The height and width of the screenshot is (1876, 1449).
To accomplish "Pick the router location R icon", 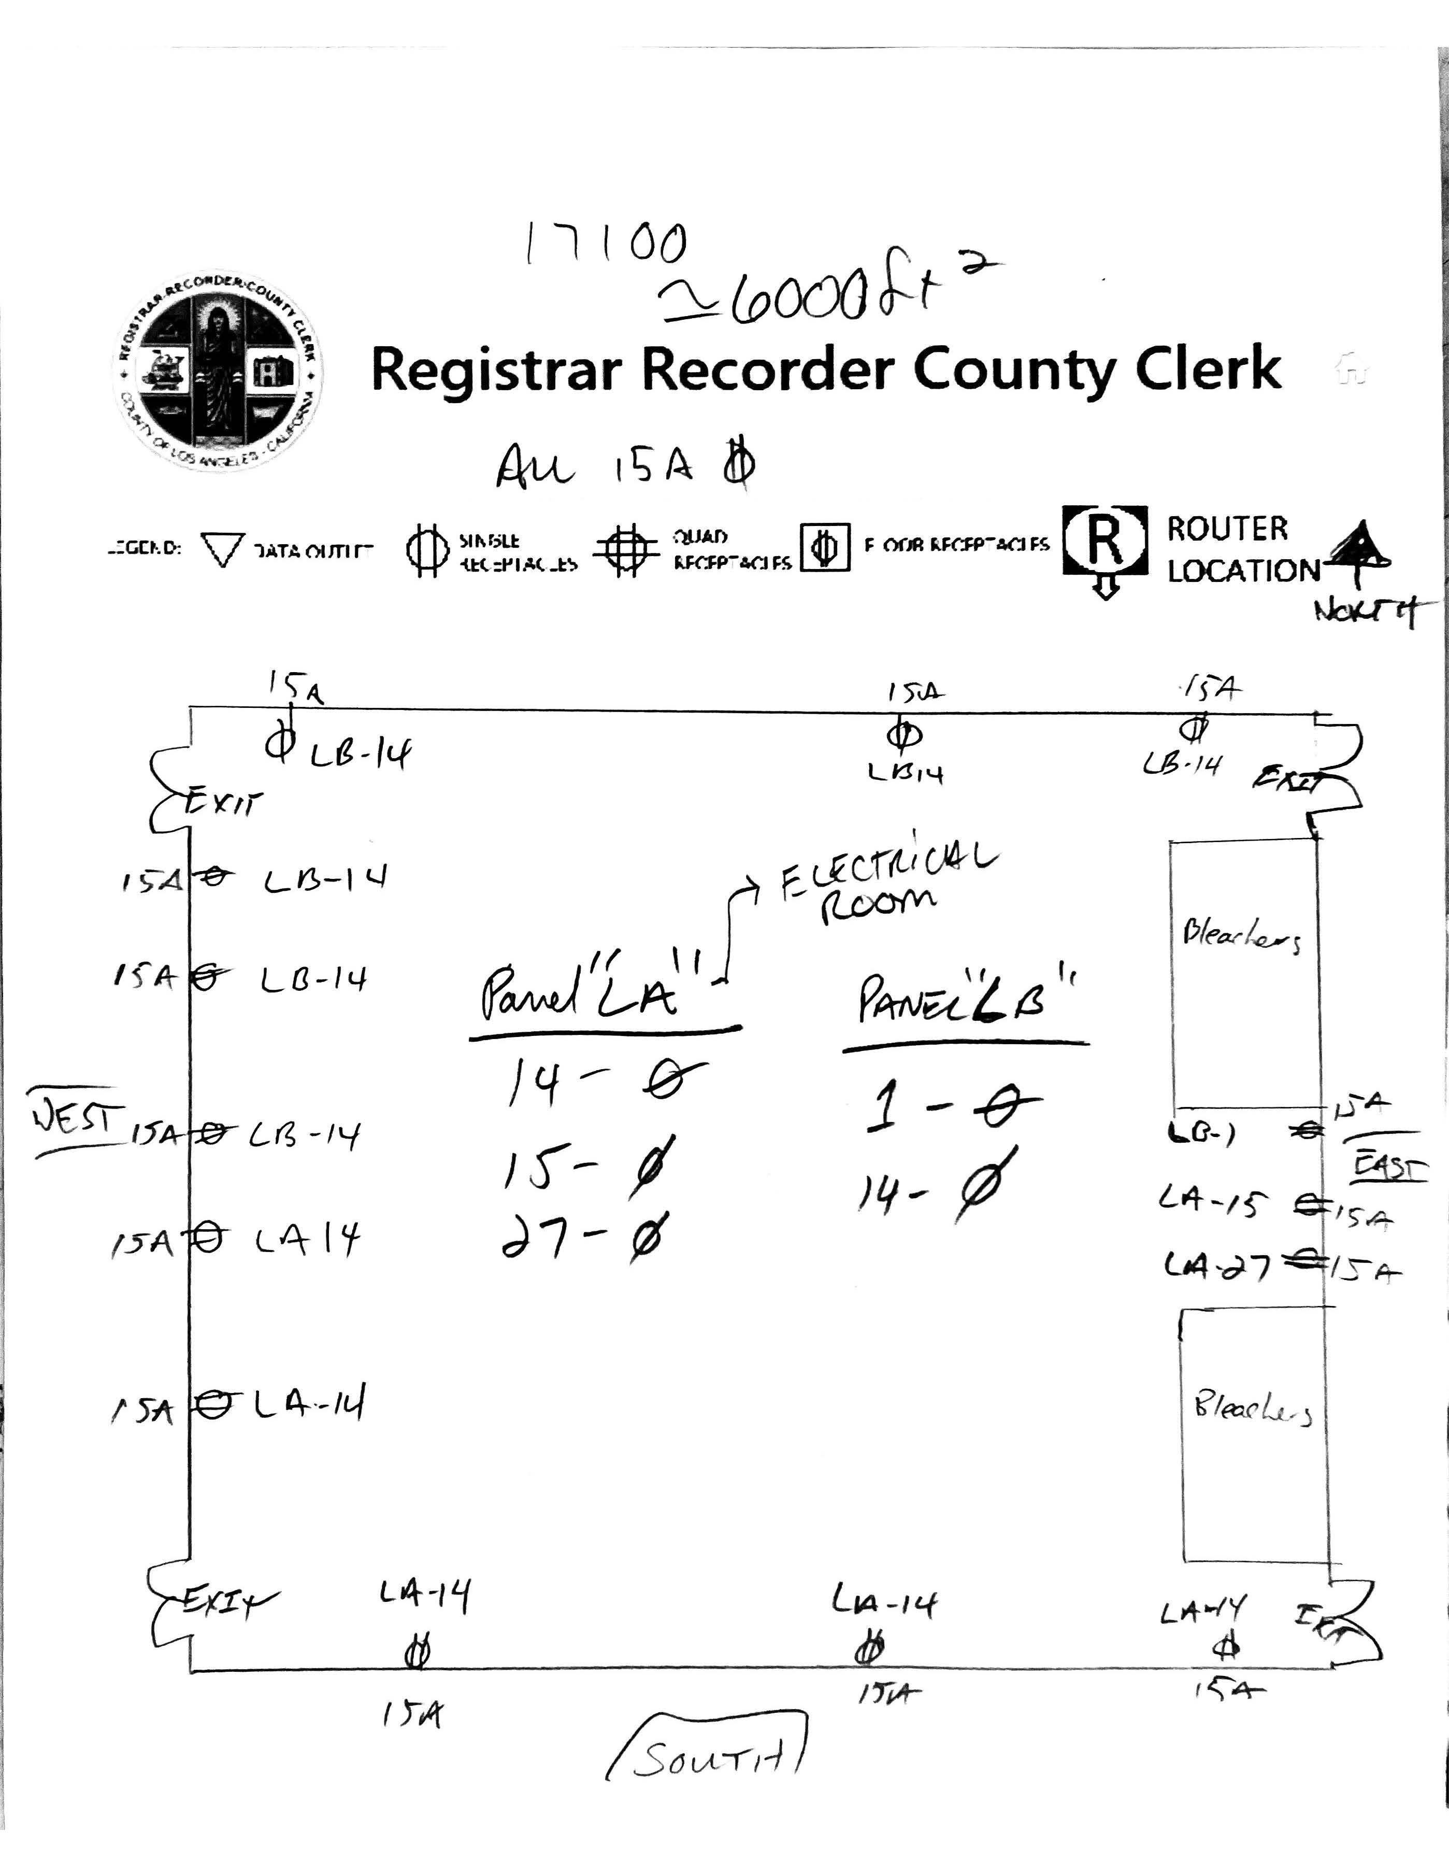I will coord(1106,541).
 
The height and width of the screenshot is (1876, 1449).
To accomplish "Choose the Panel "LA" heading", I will coord(589,997).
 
